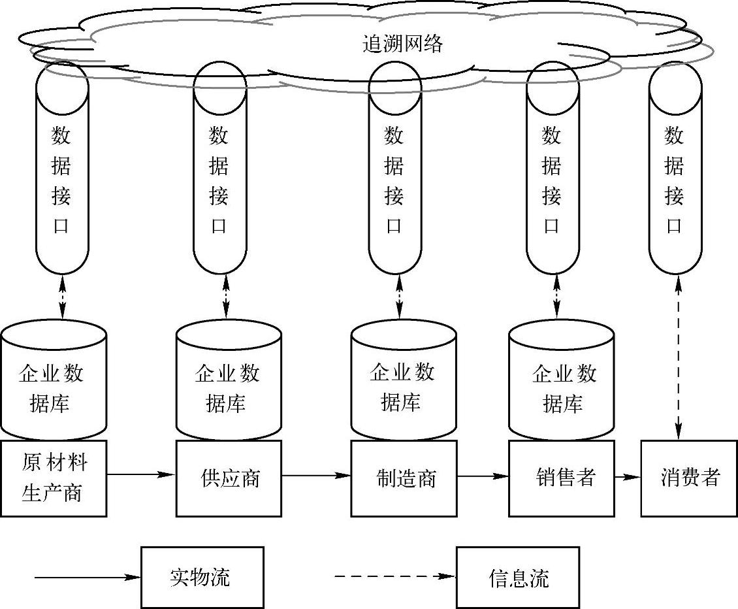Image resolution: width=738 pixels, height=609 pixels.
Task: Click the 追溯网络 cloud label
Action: click(x=403, y=44)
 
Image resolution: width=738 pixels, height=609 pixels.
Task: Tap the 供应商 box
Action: click(x=229, y=478)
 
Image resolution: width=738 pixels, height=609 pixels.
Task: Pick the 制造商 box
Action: click(x=404, y=478)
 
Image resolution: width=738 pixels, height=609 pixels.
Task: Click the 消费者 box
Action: click(x=689, y=478)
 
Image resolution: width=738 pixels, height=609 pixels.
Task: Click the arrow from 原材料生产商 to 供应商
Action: click(x=141, y=474)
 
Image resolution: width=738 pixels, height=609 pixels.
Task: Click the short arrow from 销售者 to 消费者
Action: click(x=627, y=477)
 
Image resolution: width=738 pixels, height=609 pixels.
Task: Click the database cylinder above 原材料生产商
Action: click(x=54, y=379)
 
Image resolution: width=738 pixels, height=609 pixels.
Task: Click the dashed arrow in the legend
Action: click(x=395, y=577)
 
